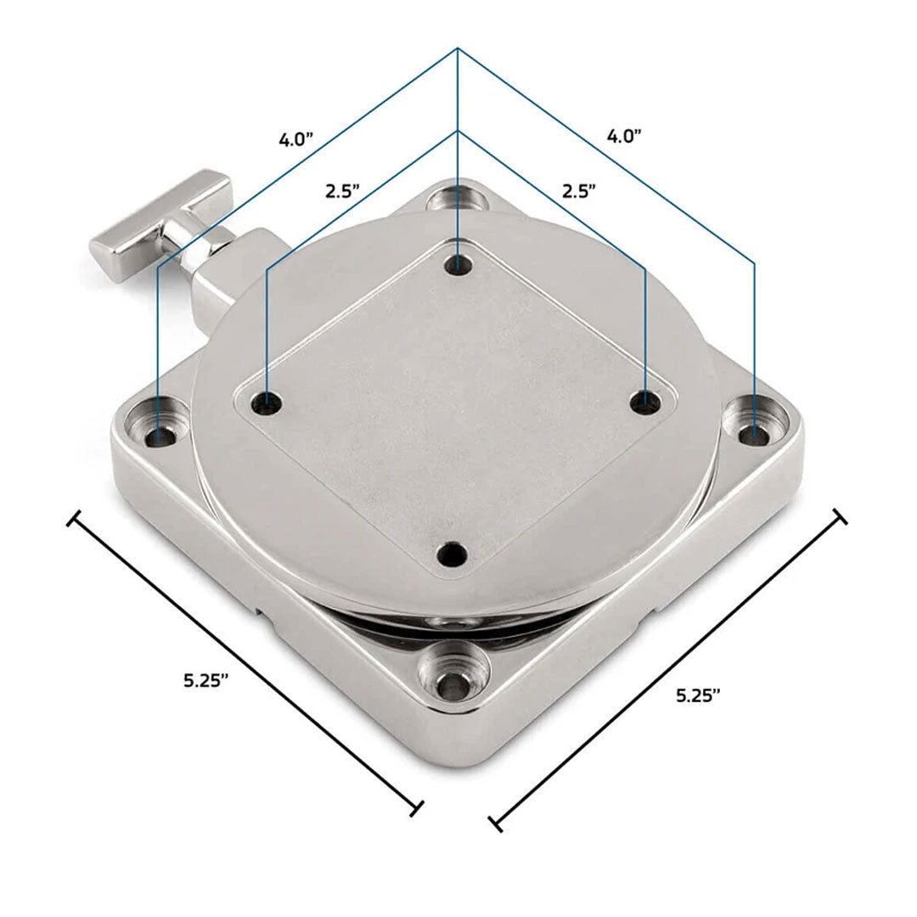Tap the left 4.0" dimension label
click(297, 140)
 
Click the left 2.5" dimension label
click(343, 192)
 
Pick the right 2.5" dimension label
click(578, 191)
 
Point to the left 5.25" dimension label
click(206, 680)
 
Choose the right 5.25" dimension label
click(699, 695)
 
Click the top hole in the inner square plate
click(458, 264)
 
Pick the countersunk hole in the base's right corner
click(752, 433)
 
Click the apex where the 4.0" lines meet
click(458, 48)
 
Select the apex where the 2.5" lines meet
click(458, 131)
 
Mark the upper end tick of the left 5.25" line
click(74, 518)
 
